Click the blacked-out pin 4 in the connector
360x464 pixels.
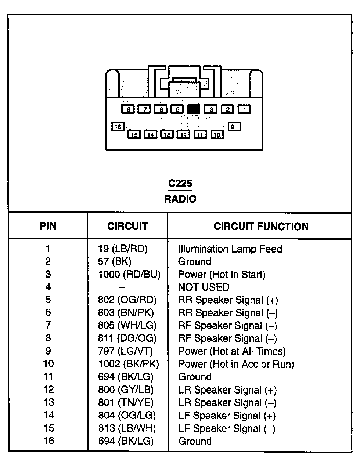194,109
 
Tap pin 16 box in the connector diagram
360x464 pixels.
118,127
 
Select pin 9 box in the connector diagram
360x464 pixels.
234,127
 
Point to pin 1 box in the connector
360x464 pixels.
244,109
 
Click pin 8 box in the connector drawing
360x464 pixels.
128,109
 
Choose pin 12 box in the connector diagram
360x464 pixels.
184,135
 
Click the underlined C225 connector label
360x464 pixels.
180,184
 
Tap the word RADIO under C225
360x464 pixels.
180,199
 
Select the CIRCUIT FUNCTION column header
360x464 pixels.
261,226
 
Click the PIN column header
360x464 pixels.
48,226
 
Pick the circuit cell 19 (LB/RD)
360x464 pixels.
123,249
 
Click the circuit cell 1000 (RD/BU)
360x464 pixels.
129,274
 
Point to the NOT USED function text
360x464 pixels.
204,287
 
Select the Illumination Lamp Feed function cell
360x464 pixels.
230,249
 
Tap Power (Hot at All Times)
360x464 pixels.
232,351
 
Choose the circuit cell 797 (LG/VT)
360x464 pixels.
125,351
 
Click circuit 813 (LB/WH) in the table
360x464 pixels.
127,428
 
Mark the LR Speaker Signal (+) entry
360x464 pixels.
227,390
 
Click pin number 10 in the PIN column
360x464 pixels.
48,364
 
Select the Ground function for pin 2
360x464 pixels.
194,262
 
